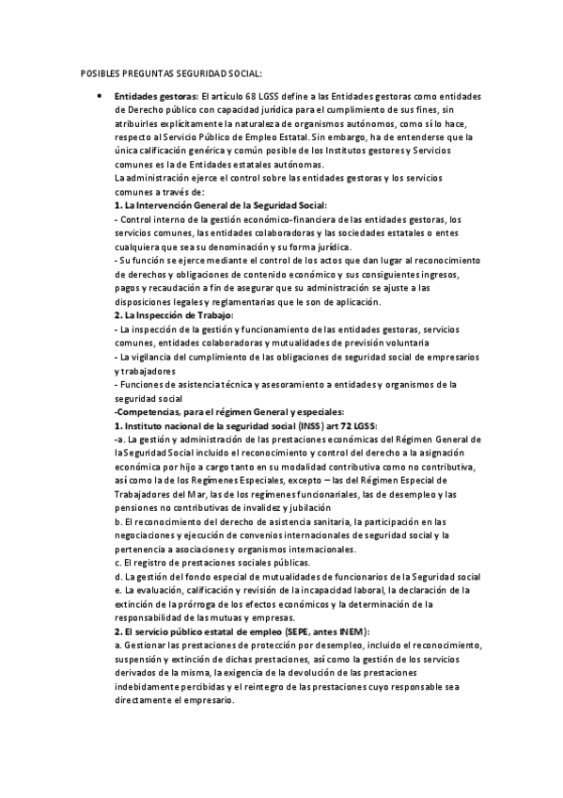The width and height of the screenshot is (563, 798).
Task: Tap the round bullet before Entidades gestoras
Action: click(98, 96)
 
